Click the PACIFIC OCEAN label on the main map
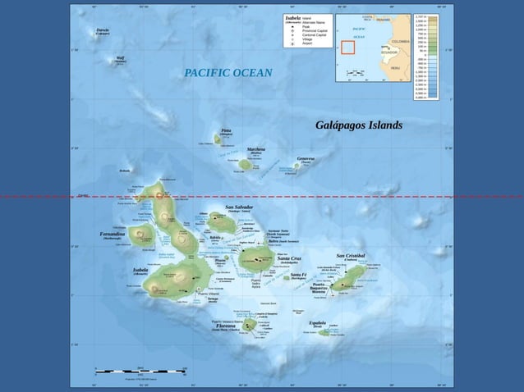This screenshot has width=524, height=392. click(228, 74)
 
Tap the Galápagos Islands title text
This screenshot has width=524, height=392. click(359, 125)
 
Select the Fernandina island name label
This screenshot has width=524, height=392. click(112, 234)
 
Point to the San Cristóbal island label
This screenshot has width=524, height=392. click(356, 256)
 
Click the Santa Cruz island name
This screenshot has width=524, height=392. click(289, 258)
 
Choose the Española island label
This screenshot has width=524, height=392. click(318, 323)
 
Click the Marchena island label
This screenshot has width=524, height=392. click(255, 149)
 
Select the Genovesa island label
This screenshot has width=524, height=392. click(306, 158)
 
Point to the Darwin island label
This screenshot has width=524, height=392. click(103, 30)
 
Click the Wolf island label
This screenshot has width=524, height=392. click(121, 58)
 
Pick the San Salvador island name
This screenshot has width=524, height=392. click(239, 207)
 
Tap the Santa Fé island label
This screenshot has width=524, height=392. click(298, 275)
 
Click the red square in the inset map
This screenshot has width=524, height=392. click(348, 47)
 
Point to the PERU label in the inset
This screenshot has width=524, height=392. click(395, 68)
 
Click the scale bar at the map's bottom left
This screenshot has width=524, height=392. click(140, 371)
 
